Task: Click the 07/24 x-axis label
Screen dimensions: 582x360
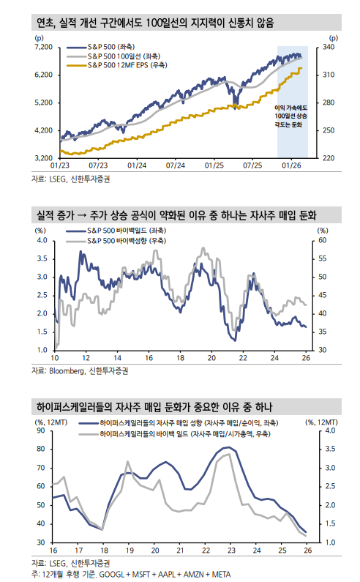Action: point(175,165)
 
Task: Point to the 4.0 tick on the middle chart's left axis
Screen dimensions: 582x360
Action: point(42,240)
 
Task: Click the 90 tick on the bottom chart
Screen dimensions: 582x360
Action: point(40,431)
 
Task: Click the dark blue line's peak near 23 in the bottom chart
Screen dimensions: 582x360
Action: point(226,447)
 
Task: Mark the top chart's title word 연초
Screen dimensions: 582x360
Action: point(48,24)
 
